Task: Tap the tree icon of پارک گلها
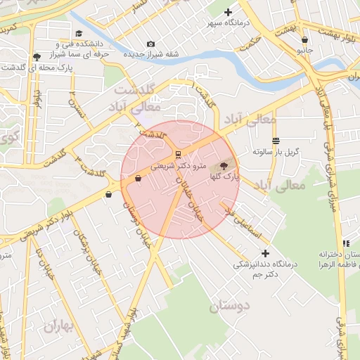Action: (224, 167)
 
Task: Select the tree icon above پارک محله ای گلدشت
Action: (36, 57)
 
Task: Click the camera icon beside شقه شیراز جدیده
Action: (150, 44)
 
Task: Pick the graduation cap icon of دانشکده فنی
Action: (79, 33)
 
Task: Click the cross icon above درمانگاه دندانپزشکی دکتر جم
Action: (265, 253)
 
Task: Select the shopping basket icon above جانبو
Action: (304, 40)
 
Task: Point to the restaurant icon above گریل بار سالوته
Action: (276, 141)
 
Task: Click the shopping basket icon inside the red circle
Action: (137, 179)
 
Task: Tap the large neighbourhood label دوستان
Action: (229, 307)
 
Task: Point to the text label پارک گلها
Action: (224, 179)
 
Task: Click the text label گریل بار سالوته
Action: (276, 152)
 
